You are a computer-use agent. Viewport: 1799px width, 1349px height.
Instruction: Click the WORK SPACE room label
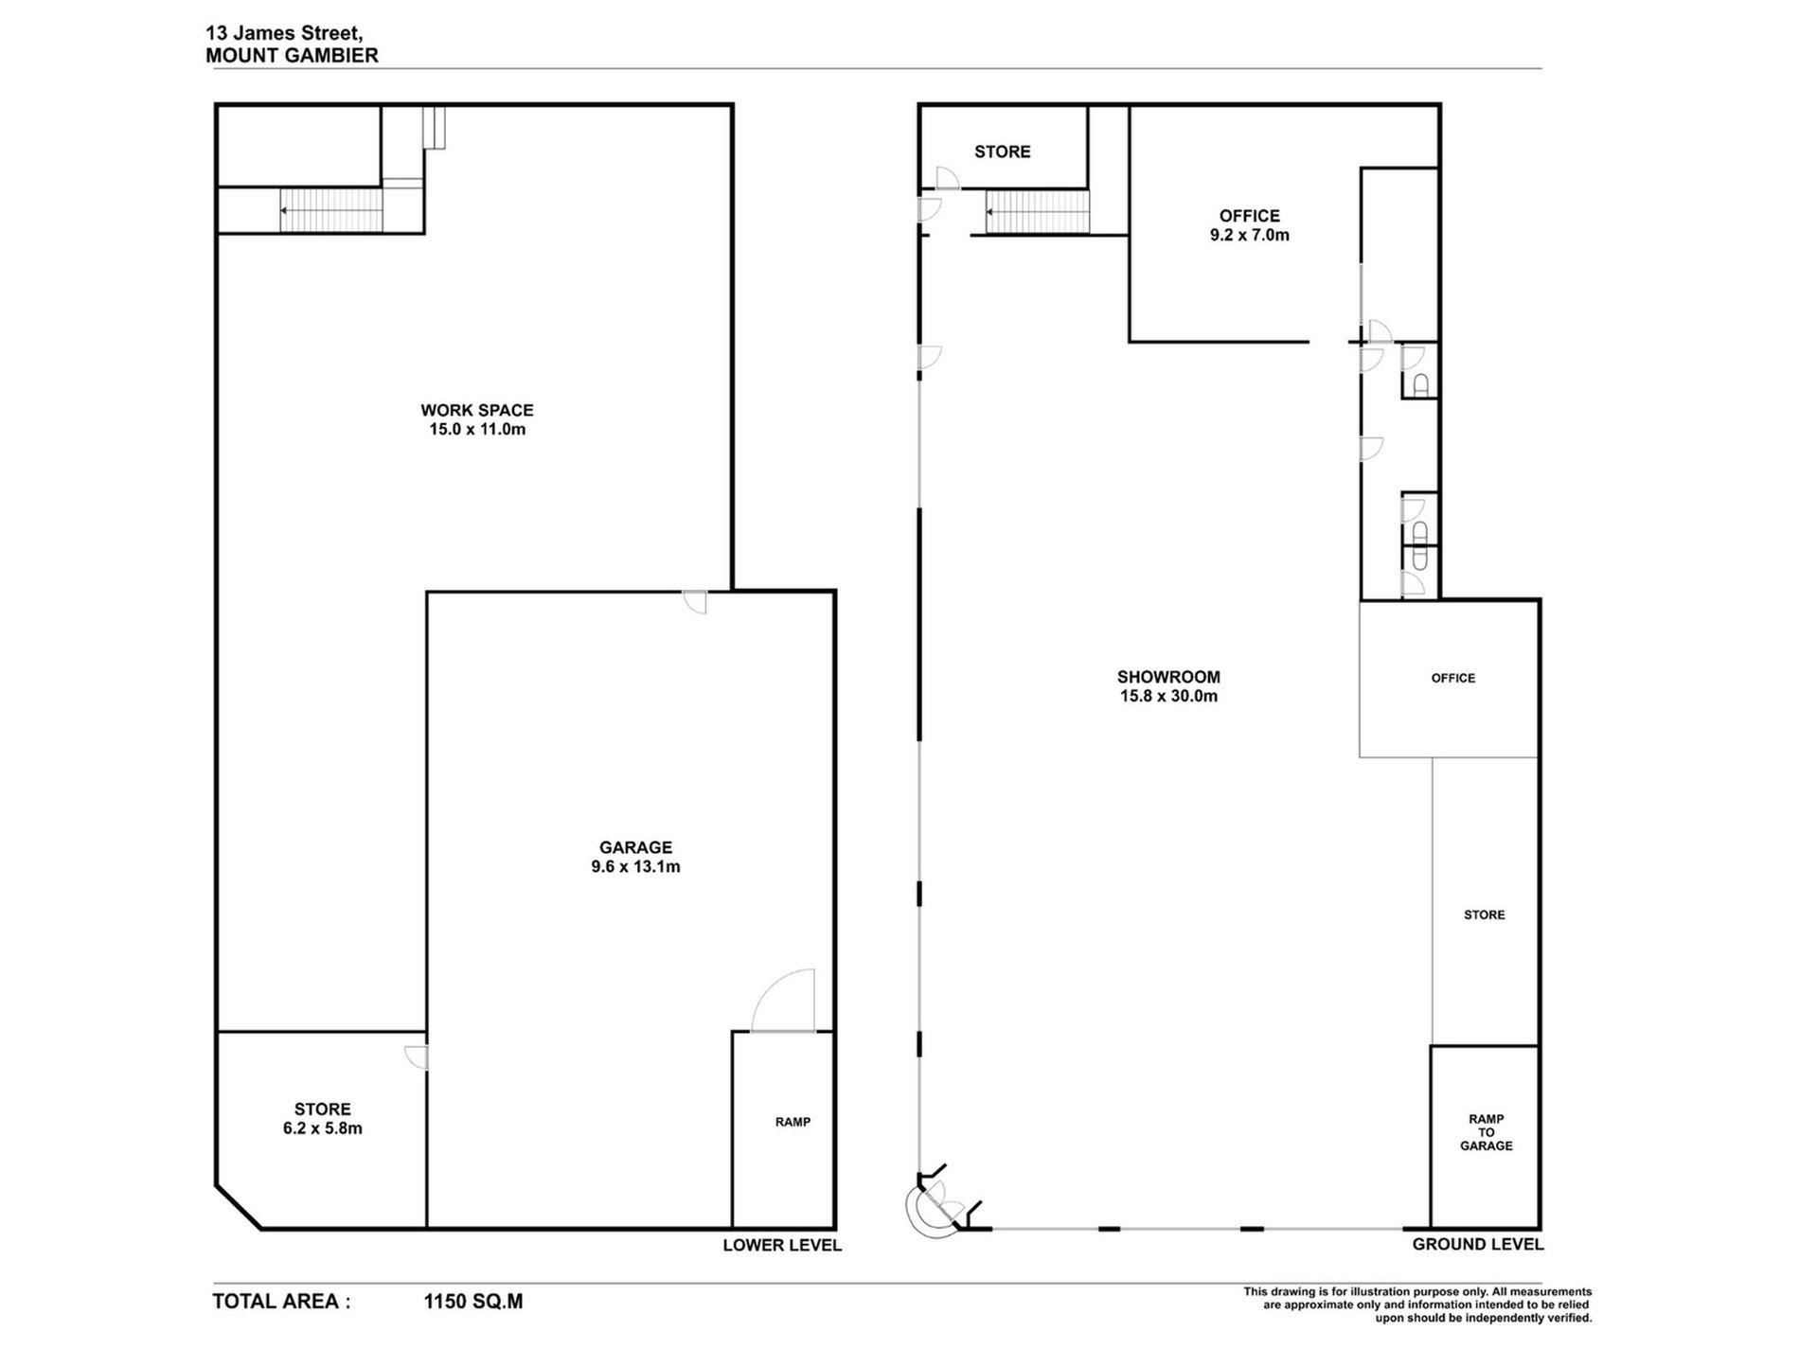pos(477,410)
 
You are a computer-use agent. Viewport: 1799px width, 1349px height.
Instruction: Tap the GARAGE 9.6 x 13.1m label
pos(635,857)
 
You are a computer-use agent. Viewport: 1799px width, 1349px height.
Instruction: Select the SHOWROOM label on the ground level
pos(1168,677)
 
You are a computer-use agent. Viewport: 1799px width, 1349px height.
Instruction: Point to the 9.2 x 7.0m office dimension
pos(1249,235)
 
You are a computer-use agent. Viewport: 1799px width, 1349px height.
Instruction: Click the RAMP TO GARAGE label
pos(1486,1132)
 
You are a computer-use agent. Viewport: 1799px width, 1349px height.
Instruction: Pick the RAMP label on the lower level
pos(793,1122)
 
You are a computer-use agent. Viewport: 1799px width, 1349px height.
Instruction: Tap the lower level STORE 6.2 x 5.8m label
pos(322,1118)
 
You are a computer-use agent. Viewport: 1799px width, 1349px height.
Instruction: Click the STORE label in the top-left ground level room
pos(1002,151)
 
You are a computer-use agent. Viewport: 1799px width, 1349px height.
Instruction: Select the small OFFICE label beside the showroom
pos(1452,678)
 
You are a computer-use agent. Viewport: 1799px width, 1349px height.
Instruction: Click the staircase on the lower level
pos(331,210)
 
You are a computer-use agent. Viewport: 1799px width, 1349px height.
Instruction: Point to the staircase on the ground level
pos(1038,212)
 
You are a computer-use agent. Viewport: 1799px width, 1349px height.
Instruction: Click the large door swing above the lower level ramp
pos(783,1001)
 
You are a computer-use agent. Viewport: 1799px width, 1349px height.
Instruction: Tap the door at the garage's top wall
pos(695,602)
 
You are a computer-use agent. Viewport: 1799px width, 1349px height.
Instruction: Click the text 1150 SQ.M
pos(472,1302)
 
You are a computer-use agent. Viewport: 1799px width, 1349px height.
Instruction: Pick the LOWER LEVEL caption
pos(782,1245)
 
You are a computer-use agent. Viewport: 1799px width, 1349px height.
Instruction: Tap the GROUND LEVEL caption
pos(1478,1244)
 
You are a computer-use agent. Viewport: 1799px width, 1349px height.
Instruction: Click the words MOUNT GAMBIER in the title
pos(292,55)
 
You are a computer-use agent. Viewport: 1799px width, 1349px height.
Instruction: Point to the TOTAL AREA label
pos(281,1302)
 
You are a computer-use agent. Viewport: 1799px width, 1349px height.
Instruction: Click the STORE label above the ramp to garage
pos(1484,914)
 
